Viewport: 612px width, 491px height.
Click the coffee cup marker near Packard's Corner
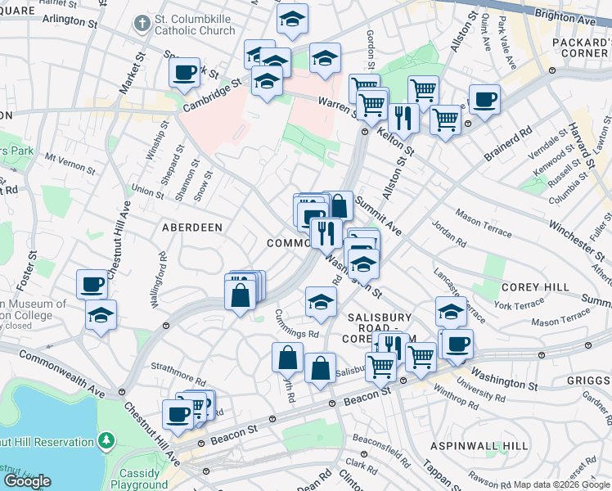point(484,100)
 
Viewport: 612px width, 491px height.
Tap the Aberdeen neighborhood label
point(192,227)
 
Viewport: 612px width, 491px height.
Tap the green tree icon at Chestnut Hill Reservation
point(106,442)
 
